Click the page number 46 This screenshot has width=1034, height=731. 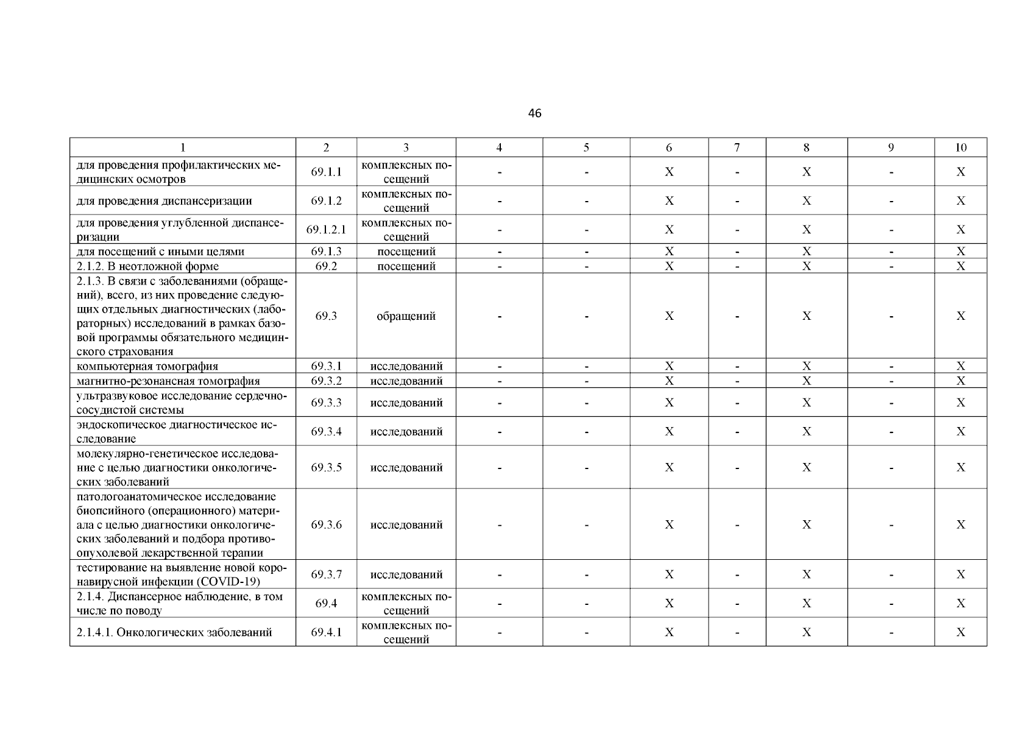[x=534, y=113]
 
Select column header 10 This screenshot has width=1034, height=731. [x=960, y=147]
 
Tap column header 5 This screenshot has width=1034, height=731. [x=586, y=147]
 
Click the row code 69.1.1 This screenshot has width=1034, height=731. [x=326, y=172]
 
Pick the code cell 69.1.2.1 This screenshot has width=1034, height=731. [x=326, y=230]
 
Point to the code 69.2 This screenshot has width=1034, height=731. [x=326, y=266]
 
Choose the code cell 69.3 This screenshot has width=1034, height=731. [x=326, y=316]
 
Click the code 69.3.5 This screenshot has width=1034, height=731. [x=326, y=467]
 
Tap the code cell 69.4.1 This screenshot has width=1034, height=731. [x=326, y=632]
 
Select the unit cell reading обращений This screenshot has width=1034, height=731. [x=406, y=316]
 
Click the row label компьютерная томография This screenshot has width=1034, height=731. [x=147, y=367]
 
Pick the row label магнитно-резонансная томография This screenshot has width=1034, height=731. [x=168, y=381]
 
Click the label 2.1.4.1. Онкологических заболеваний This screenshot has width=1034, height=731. [x=174, y=632]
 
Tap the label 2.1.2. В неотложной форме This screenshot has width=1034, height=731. [x=147, y=266]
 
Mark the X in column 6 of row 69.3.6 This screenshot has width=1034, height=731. [x=669, y=524]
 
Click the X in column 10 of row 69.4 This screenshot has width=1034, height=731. [x=960, y=603]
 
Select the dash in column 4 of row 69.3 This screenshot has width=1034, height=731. [x=499, y=316]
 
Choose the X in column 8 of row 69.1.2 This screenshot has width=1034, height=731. [x=806, y=201]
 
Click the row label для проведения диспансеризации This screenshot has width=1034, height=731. [x=165, y=201]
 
